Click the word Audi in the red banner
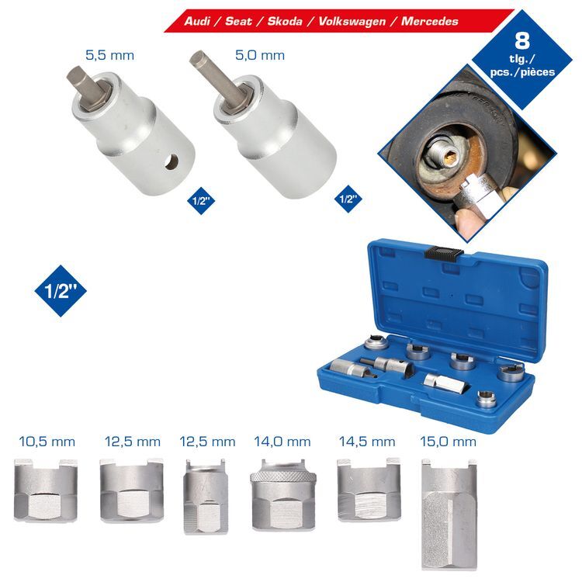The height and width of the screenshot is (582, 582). coord(197,21)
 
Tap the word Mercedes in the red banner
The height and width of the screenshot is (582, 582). coord(429,21)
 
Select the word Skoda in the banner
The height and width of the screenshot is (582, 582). coord(285,21)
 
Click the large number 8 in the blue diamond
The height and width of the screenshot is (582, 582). coord(522,41)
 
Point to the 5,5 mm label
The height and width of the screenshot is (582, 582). coord(110,56)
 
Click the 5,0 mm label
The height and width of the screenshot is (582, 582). coord(260,56)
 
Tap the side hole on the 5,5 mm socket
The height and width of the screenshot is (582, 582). coord(171,162)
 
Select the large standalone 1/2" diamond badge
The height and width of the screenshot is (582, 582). coord(61,291)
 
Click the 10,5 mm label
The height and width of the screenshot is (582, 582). coord(47,442)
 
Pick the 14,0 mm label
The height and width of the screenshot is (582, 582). coord(282,442)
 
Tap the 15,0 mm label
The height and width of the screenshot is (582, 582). coord(448,442)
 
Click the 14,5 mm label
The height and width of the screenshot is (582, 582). coord(367,442)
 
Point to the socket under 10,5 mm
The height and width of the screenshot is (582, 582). coord(46,490)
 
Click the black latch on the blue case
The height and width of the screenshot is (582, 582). coord(444,254)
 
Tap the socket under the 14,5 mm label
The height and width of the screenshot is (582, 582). coord(369,490)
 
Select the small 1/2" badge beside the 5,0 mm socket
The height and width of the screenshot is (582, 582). coord(348,199)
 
